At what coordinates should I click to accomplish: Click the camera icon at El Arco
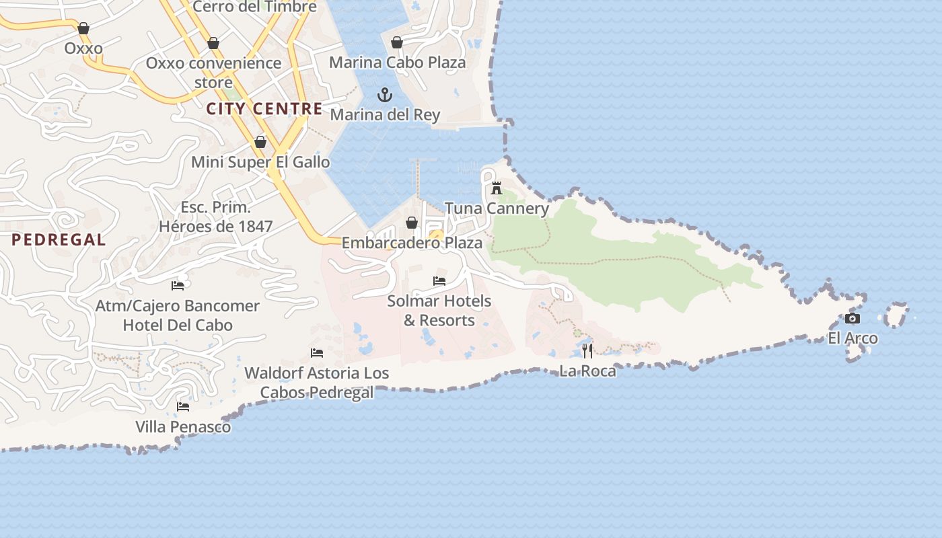coord(853,319)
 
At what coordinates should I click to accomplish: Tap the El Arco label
coord(853,338)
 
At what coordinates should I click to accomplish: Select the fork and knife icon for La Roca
coord(587,350)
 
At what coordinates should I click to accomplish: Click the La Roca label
coord(587,371)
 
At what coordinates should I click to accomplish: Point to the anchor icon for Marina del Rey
coord(385,95)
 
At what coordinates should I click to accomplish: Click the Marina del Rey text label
coord(385,115)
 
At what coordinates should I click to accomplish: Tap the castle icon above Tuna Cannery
coord(497,188)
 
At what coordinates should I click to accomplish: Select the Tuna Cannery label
coord(497,208)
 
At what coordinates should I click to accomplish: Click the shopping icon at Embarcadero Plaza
coord(412,223)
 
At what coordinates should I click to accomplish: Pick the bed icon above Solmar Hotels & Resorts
coord(439,281)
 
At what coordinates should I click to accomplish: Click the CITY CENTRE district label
coord(264,108)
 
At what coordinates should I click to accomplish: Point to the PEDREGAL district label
coord(59,239)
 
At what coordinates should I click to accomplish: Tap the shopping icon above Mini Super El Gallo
coord(260,142)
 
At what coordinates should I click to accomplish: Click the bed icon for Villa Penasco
coord(183,407)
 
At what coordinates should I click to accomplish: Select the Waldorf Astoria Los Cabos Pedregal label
coord(316,383)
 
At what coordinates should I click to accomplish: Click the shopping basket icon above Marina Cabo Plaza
coord(397,42)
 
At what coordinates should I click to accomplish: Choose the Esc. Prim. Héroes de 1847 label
coord(215,217)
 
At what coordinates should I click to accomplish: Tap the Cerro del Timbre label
coord(254,7)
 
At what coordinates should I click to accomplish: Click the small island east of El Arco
coord(896,315)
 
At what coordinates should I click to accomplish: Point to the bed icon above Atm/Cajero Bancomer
coord(178,285)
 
